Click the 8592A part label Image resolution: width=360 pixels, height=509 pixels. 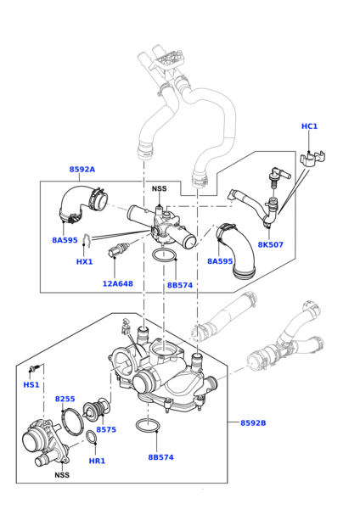tap(82, 169)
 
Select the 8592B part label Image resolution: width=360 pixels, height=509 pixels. tap(253, 422)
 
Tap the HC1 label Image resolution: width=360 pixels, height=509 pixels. tap(309, 126)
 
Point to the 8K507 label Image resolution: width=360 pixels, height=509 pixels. tap(271, 244)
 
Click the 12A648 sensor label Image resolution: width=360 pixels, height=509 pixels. tap(118, 283)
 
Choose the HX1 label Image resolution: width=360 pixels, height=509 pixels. tap(84, 261)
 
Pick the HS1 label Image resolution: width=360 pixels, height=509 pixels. tap(31, 384)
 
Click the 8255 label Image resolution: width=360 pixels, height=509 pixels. tap(65, 399)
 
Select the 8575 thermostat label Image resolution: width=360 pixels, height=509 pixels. tap(106, 429)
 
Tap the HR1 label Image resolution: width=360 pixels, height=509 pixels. tap(97, 461)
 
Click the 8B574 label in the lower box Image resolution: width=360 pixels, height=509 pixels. tap(160, 457)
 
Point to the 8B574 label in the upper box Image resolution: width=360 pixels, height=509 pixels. tap(180, 285)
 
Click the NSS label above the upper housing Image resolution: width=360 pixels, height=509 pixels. tap(160, 188)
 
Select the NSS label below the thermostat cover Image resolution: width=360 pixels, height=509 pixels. tap(62, 475)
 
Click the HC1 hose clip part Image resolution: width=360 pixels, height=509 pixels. tap(312, 159)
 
